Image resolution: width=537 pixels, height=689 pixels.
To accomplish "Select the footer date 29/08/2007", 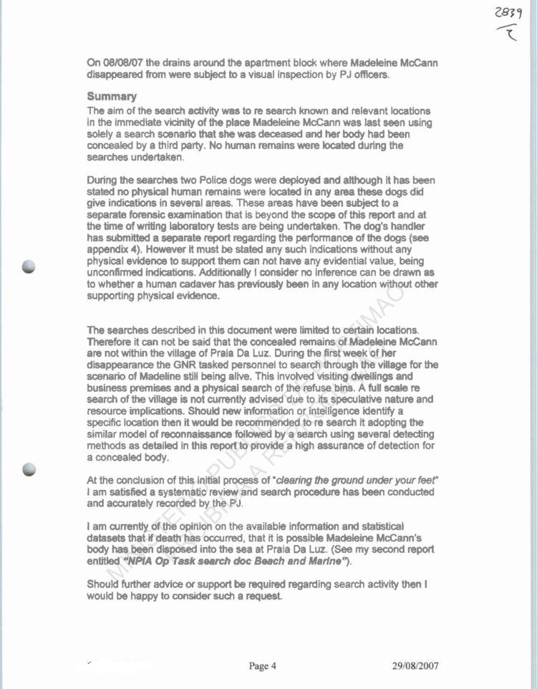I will point(415,665).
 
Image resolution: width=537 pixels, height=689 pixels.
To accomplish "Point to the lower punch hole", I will point(29,469).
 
